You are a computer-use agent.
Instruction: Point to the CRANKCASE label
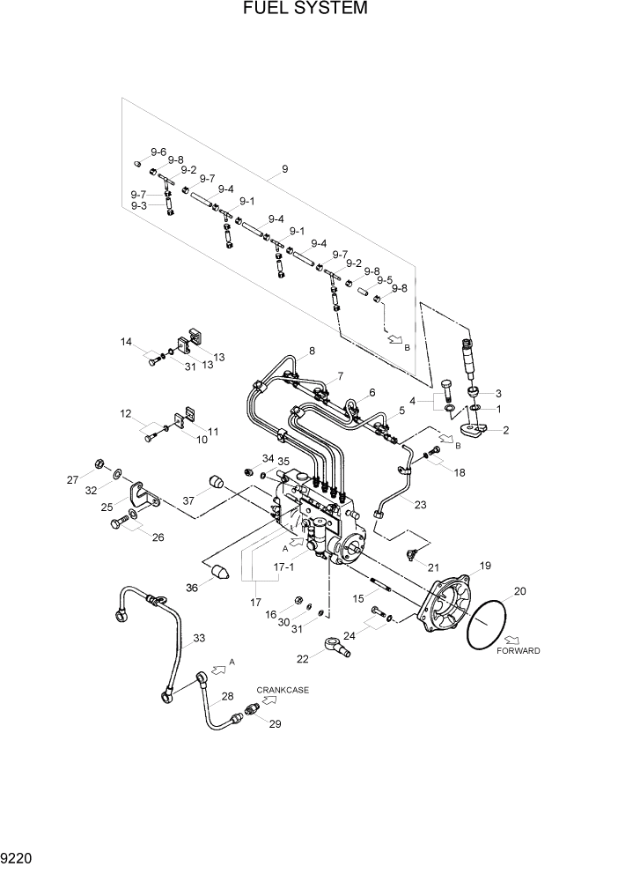[x=283, y=690]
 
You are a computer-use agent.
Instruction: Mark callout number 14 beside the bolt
[x=126, y=342]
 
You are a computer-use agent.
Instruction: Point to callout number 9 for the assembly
[x=284, y=168]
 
